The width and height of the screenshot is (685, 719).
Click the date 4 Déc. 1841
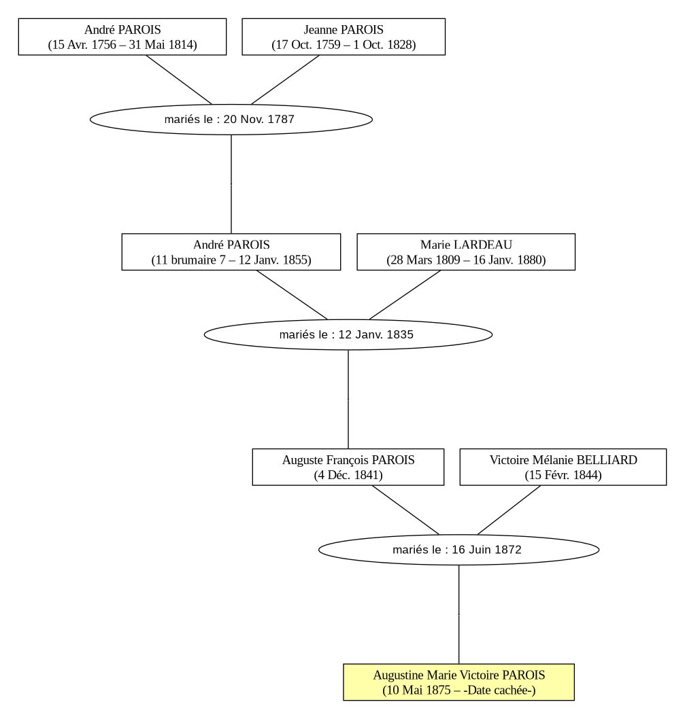click(x=348, y=475)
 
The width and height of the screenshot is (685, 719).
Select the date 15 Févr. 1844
click(x=563, y=475)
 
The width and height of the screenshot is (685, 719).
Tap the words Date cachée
click(x=499, y=690)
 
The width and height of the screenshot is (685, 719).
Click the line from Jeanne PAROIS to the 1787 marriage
click(x=286, y=80)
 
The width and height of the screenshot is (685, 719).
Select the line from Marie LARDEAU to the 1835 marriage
click(x=405, y=295)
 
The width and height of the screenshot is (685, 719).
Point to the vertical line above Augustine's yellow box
click(x=458, y=614)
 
